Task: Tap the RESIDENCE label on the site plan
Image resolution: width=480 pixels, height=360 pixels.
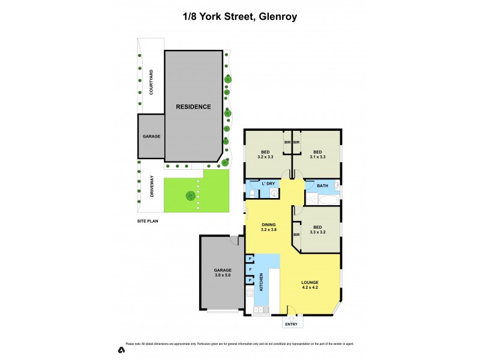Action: [193, 107]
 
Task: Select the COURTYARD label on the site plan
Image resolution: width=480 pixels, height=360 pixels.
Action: [151, 82]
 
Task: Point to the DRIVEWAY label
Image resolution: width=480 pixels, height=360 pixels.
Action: [151, 186]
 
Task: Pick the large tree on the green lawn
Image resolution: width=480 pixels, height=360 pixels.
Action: [190, 195]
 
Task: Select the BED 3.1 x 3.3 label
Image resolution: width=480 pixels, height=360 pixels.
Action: [317, 154]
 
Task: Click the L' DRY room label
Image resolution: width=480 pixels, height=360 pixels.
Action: [268, 184]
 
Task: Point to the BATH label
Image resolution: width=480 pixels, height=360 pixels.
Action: [322, 185]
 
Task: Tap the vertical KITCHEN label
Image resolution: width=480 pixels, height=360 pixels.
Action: [262, 283]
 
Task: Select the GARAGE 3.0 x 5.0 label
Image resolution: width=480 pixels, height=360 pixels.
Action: [223, 272]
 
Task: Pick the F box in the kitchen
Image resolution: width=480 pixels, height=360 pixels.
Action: [250, 269]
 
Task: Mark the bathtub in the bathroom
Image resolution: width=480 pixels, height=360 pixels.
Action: [318, 197]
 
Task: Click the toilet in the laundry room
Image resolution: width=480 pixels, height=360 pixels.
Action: [253, 193]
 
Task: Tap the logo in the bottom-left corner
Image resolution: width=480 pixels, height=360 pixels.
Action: [121, 349]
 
